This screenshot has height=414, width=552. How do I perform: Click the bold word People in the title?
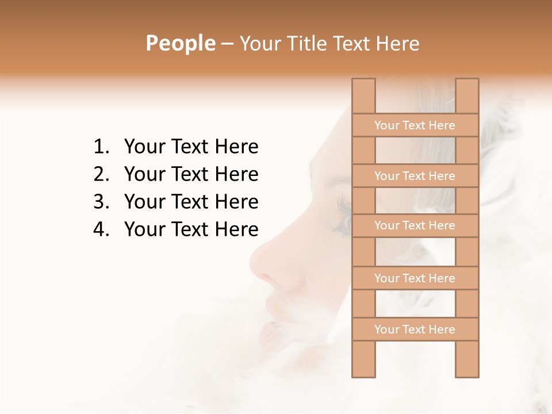(x=180, y=43)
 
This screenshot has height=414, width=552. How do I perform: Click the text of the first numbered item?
(x=191, y=147)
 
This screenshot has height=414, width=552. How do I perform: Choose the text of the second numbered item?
(x=191, y=174)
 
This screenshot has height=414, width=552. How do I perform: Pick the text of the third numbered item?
(x=191, y=202)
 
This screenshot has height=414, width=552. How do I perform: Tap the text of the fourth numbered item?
(x=191, y=229)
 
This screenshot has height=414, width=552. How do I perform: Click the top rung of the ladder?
(x=415, y=125)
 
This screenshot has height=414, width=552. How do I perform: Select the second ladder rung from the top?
(x=415, y=176)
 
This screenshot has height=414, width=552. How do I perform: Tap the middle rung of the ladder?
(x=415, y=225)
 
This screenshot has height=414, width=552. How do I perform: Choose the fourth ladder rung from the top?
(x=415, y=278)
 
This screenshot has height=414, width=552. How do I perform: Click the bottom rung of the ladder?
(x=415, y=329)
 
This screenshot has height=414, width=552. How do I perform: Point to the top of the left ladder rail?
(x=363, y=83)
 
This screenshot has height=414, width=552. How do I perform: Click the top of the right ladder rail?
(x=467, y=83)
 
